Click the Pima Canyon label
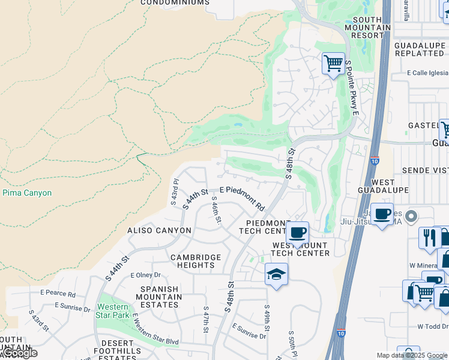coord(27,193)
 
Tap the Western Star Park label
coord(113,310)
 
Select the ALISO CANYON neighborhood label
coord(159,230)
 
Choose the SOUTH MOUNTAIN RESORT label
coord(367,28)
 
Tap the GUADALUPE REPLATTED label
coord(419,49)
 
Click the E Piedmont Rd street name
coord(243,197)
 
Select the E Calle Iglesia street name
coord(427,73)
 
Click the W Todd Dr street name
coord(433,326)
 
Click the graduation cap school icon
coord(276,274)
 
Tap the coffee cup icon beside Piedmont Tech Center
coord(297,232)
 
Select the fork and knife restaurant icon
coord(429,237)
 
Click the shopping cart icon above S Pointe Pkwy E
coord(333,62)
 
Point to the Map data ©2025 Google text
coord(412,355)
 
